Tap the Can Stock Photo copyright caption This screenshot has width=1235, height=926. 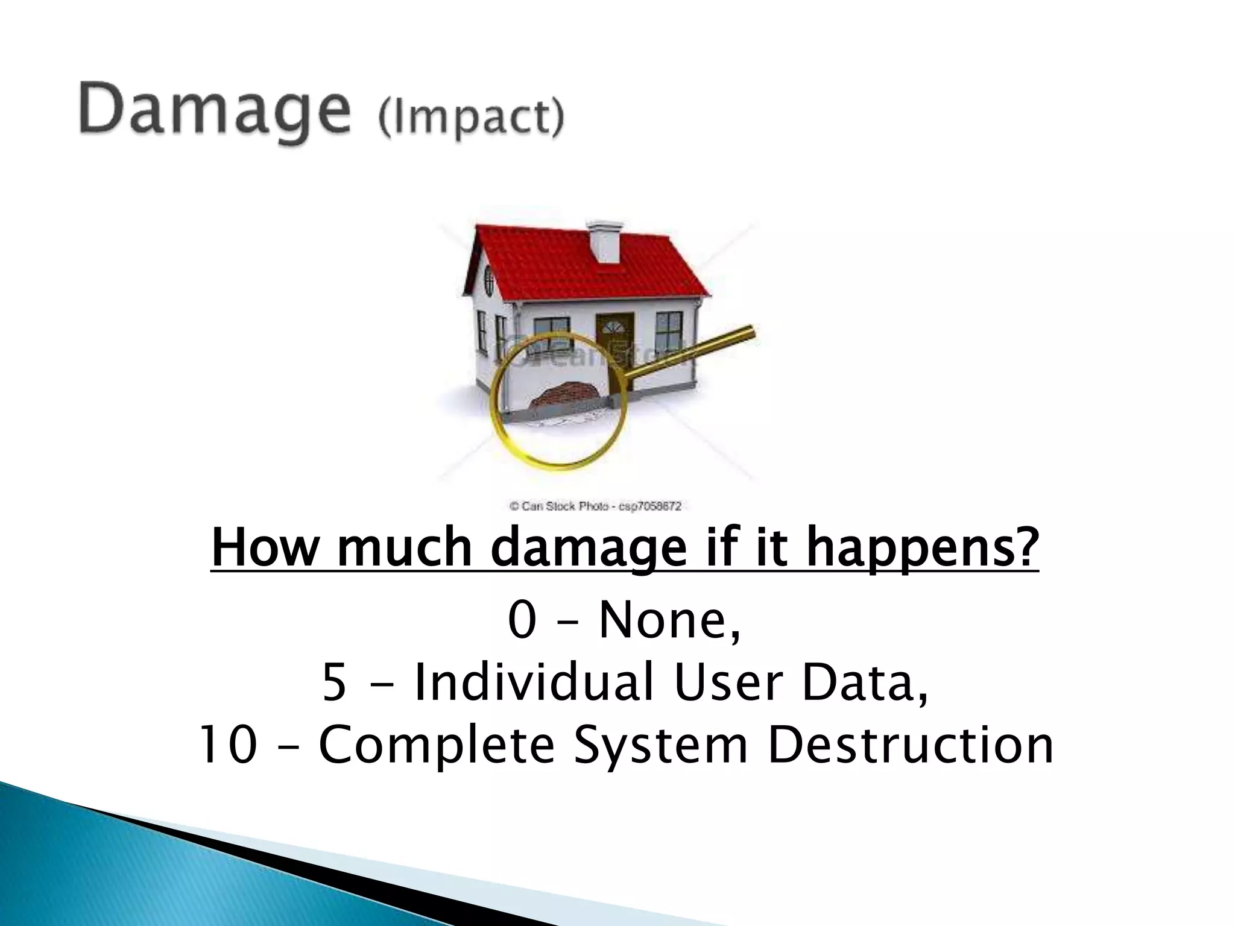(x=596, y=506)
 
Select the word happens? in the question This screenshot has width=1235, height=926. (x=923, y=547)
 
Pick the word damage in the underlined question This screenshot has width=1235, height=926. (x=589, y=547)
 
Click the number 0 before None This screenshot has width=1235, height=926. (x=522, y=621)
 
